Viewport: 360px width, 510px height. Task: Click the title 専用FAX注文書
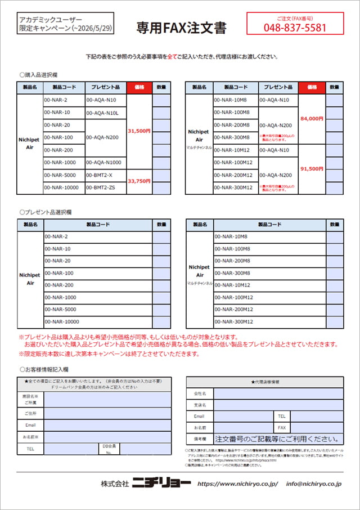point(181,28)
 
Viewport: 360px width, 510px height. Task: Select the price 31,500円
point(139,131)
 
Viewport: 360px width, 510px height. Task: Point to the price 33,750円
point(139,181)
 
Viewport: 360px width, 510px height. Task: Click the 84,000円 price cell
point(312,119)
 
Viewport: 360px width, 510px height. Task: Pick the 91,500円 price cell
point(312,169)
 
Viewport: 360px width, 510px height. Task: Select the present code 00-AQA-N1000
point(104,162)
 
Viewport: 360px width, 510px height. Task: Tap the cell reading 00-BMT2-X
point(99,175)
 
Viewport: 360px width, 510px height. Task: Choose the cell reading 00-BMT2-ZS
point(101,187)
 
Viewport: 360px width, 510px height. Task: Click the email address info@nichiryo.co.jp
point(314,484)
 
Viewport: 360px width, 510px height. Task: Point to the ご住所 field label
point(30,414)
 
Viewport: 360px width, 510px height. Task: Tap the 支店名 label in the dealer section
point(200,405)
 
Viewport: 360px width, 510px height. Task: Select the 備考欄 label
point(200,439)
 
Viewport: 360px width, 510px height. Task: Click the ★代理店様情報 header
point(265,382)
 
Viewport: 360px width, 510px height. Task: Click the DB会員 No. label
point(109,449)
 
